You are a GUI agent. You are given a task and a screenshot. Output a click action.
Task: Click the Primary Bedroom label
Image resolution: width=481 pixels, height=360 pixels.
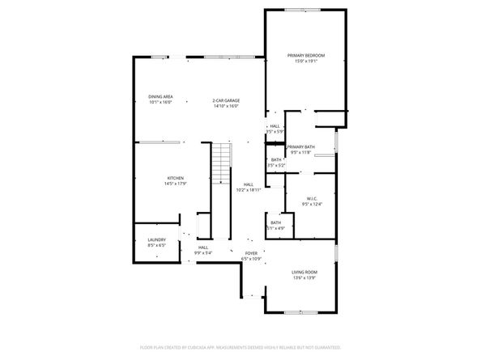[306, 55]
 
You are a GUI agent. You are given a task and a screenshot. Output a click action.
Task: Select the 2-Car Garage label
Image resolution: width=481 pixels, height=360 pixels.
[226, 100]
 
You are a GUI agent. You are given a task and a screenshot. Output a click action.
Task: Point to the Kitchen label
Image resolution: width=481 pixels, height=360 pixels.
[176, 178]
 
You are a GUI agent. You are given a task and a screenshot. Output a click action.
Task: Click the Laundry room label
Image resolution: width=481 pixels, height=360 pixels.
[156, 239]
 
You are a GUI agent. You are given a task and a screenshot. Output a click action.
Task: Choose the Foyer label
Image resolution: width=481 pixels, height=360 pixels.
[251, 253]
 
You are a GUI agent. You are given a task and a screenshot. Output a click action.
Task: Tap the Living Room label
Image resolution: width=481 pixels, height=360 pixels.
[304, 273]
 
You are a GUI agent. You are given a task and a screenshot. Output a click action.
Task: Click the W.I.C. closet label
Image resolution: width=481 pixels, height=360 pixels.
[311, 198]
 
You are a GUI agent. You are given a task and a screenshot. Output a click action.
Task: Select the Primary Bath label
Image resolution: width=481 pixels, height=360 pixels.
[300, 146]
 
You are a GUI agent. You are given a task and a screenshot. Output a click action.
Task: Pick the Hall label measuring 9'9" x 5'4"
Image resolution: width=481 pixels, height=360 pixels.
[203, 248]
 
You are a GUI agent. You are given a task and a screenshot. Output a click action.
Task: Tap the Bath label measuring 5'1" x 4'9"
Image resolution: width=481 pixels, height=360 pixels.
[275, 222]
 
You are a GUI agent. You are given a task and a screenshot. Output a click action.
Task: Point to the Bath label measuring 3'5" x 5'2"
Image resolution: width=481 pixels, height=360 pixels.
[276, 159]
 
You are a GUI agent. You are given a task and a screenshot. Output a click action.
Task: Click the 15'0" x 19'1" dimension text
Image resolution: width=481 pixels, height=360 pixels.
[306, 60]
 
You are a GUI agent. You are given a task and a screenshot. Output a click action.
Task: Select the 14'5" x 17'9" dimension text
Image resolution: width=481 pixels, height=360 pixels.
[176, 183]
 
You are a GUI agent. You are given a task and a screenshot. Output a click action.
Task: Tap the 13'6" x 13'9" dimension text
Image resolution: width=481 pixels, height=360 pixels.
[304, 277]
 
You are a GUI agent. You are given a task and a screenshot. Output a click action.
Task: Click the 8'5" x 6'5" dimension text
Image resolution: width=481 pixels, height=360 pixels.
[156, 244]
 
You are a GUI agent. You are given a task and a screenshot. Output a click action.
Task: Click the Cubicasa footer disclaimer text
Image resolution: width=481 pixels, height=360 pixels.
[240, 347]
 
